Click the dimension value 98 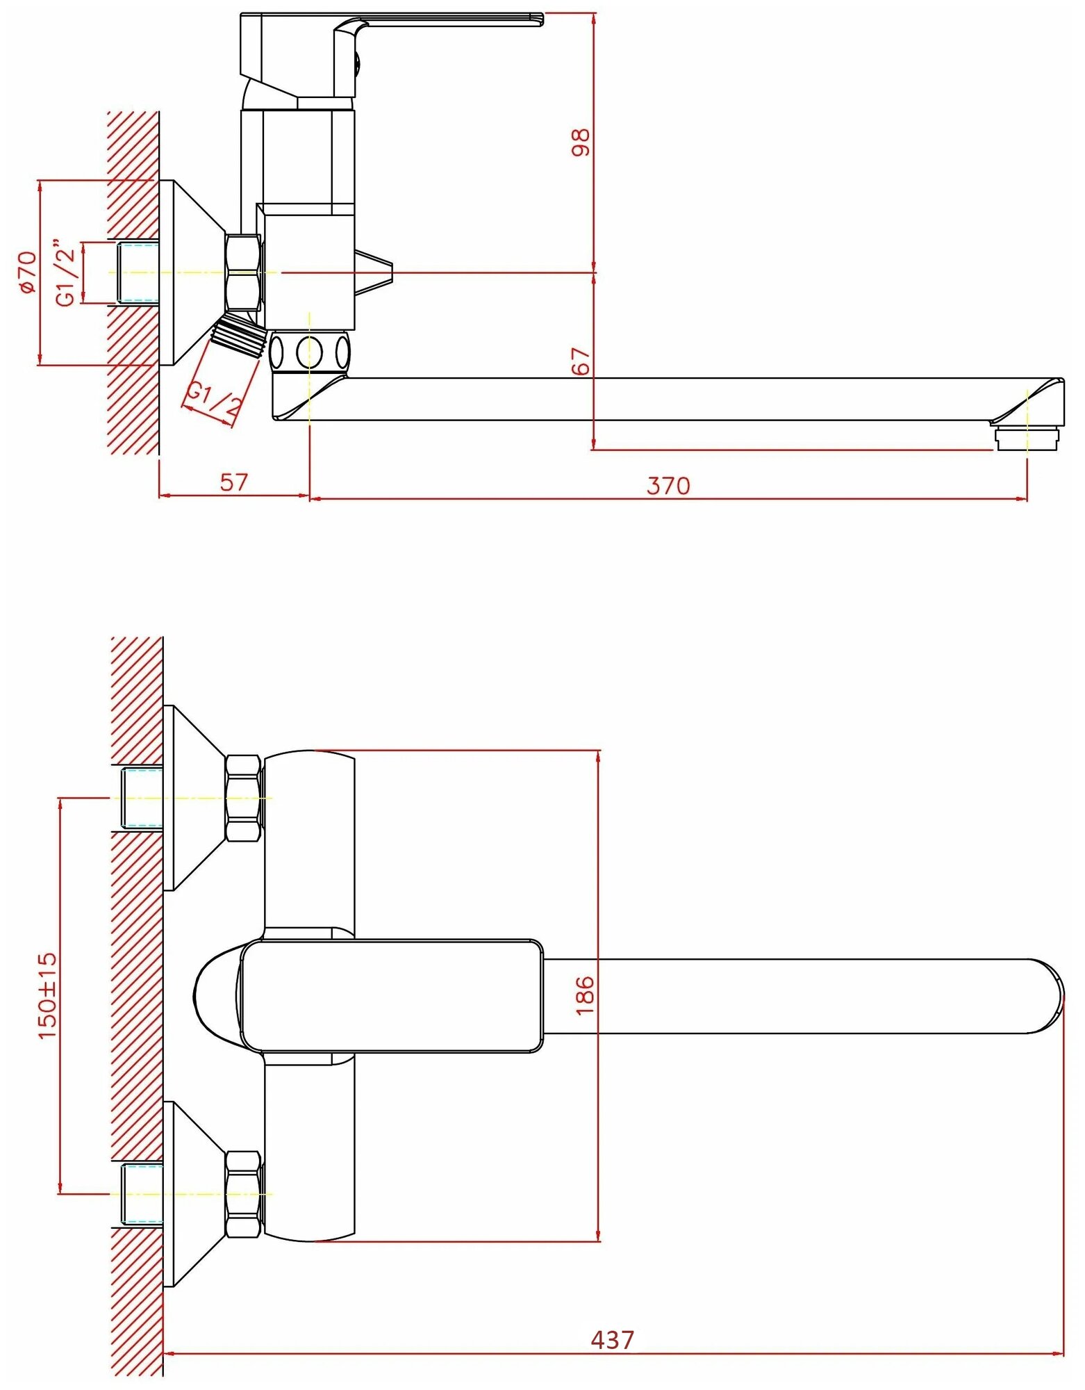pyautogui.click(x=581, y=142)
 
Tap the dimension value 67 pyautogui.click(x=581, y=361)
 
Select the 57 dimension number pyautogui.click(x=233, y=482)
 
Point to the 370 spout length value pyautogui.click(x=668, y=486)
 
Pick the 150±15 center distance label pyautogui.click(x=47, y=995)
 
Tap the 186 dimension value pyautogui.click(x=585, y=995)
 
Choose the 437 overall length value pyautogui.click(x=612, y=1339)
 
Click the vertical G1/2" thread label pyautogui.click(x=66, y=273)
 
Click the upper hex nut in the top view pyautogui.click(x=243, y=799)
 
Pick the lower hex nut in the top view pyautogui.click(x=243, y=1194)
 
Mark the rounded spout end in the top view pyautogui.click(x=1045, y=996)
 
